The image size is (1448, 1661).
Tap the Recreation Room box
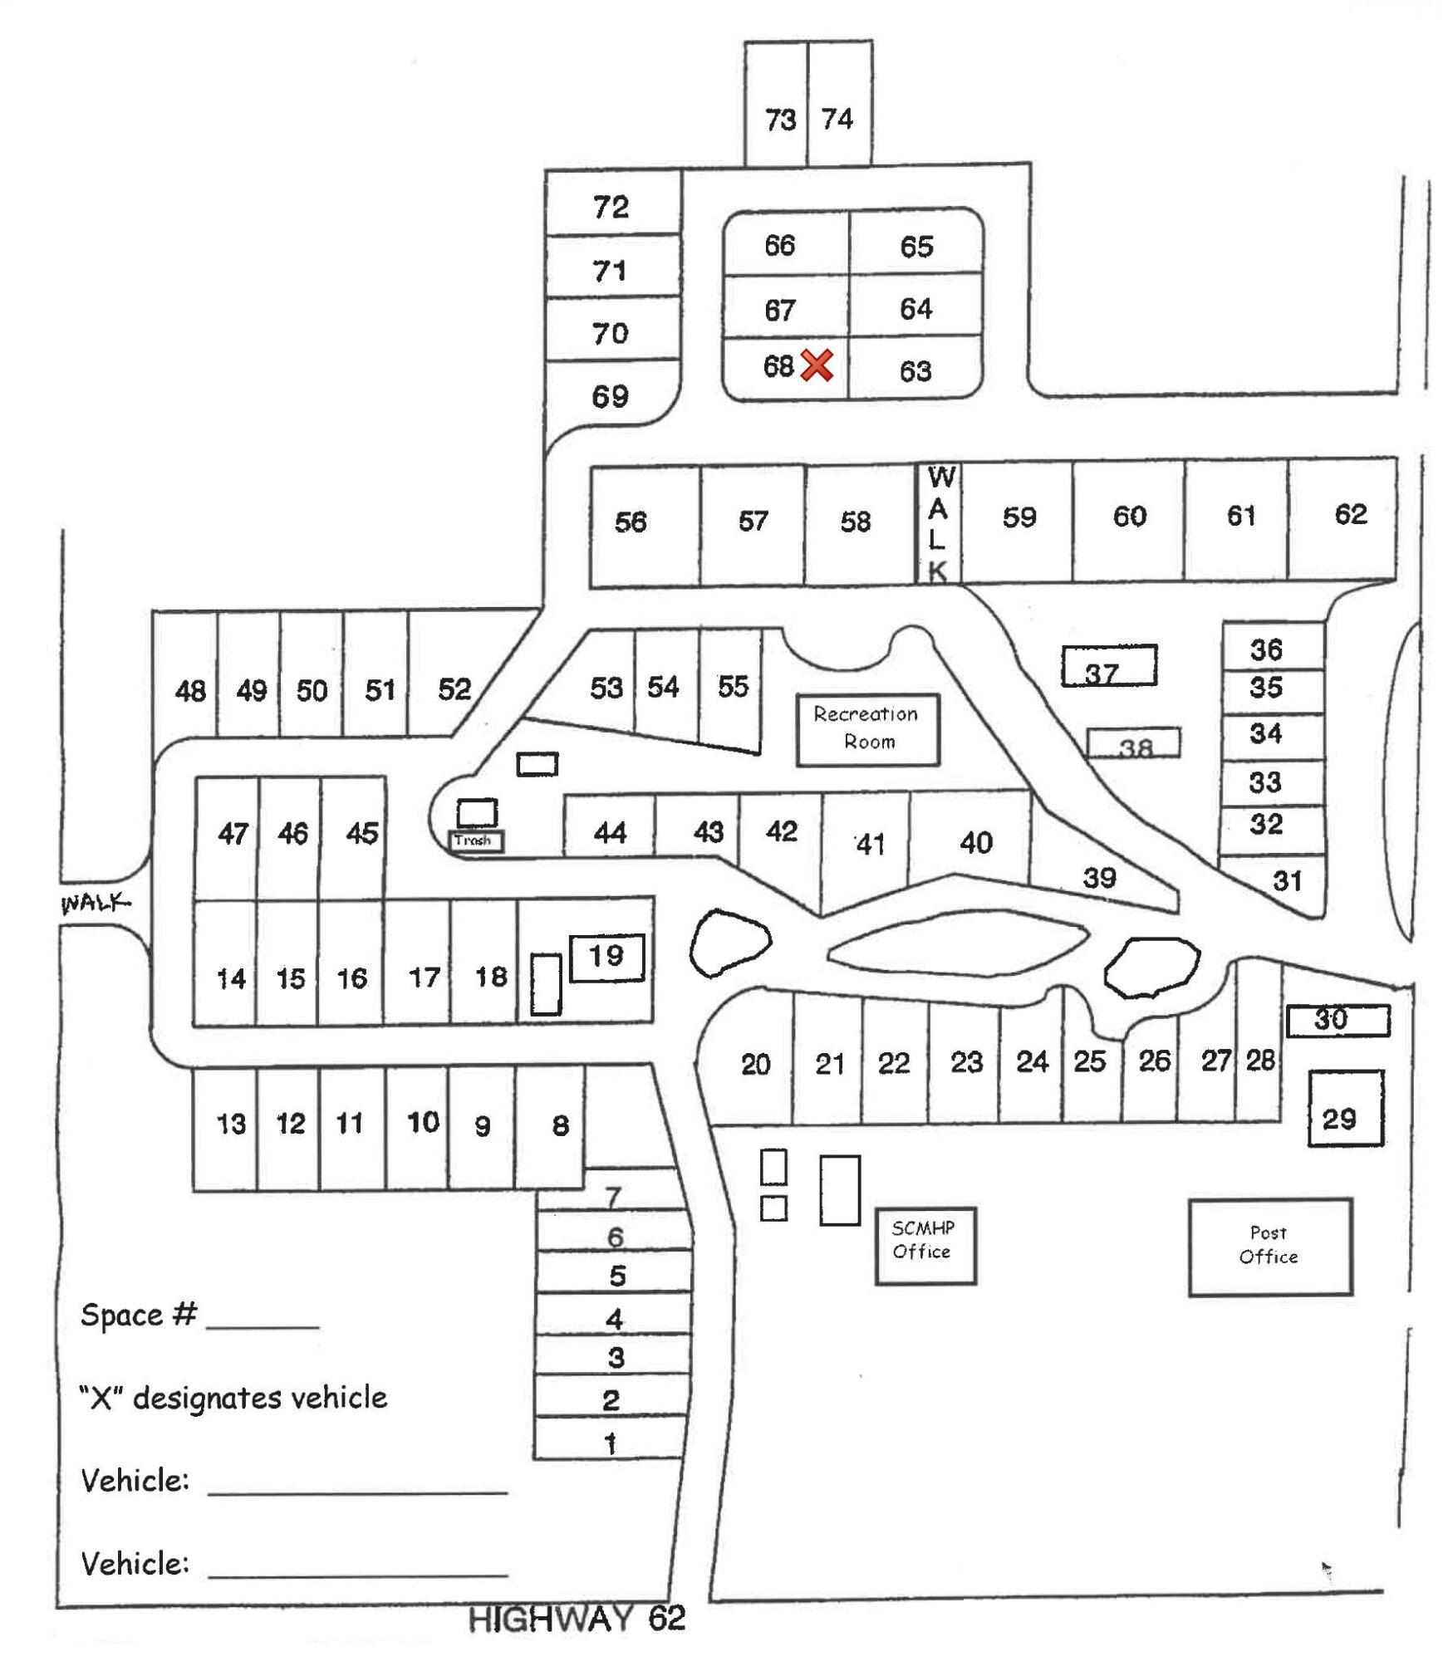866,728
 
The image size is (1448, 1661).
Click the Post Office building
1269,1245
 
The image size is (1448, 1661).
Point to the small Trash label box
474,840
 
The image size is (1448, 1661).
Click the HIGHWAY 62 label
577,1618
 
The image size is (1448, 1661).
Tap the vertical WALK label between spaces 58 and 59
938,523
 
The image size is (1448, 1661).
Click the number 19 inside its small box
606,956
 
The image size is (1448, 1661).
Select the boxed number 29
1338,1119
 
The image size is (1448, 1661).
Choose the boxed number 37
1102,672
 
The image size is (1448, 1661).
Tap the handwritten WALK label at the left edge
95,902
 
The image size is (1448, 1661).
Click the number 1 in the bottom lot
610,1443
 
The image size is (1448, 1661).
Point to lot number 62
1350,514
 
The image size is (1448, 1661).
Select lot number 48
190,690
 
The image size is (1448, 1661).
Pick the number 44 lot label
610,832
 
